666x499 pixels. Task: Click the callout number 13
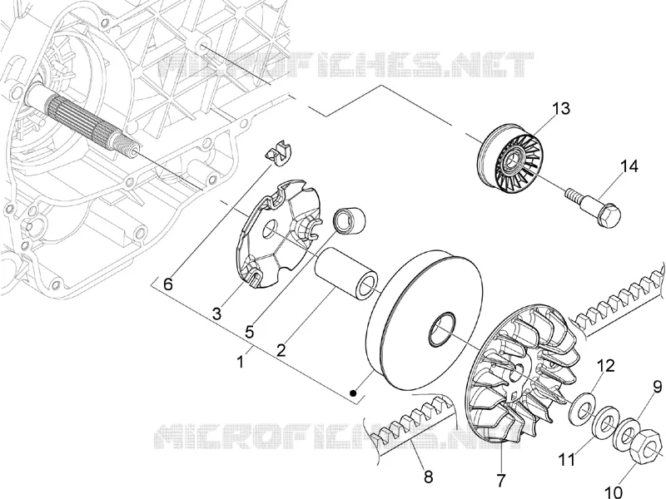(x=560, y=108)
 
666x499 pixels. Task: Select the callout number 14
(x=629, y=166)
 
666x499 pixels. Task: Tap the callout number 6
(x=168, y=284)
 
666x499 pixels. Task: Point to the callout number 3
(x=216, y=314)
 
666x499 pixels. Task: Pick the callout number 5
(x=249, y=332)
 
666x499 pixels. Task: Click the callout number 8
(x=428, y=477)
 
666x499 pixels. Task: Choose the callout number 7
(x=501, y=481)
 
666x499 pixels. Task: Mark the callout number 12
(x=606, y=365)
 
